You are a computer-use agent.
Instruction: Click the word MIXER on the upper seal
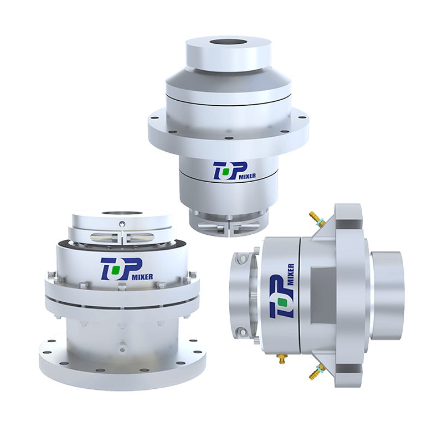(x=248, y=176)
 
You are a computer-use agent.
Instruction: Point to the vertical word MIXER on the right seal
(x=291, y=275)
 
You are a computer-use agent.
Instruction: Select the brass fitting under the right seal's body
(x=281, y=358)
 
